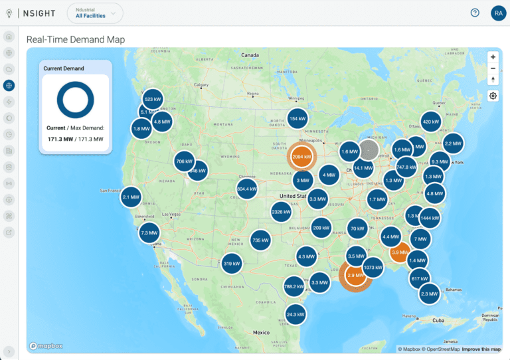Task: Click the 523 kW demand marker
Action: (153, 99)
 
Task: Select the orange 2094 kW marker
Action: (301, 157)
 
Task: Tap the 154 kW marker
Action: (297, 119)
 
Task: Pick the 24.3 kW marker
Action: (296, 314)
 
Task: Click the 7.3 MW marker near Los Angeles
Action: (149, 233)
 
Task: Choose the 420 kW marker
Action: (431, 122)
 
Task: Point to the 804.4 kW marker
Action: (246, 189)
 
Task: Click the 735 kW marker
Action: (260, 240)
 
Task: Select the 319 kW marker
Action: (232, 264)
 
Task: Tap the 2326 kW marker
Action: (281, 212)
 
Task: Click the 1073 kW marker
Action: (373, 268)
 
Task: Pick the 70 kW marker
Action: (357, 228)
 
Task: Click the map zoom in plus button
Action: (493, 57)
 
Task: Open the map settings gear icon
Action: (493, 96)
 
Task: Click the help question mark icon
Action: (475, 13)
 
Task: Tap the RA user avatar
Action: (498, 13)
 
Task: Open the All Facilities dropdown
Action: (95, 13)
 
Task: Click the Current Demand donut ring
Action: (75, 100)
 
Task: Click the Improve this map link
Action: (481, 349)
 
